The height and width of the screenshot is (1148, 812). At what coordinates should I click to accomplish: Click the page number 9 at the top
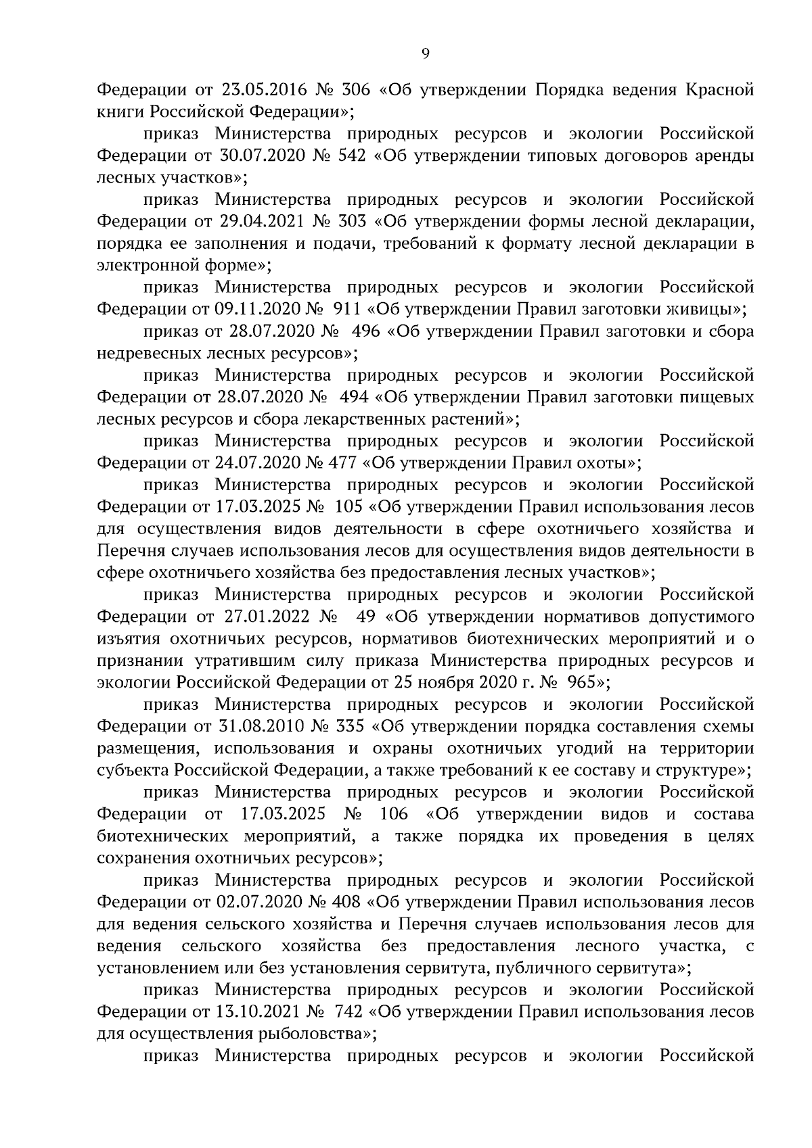425,55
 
